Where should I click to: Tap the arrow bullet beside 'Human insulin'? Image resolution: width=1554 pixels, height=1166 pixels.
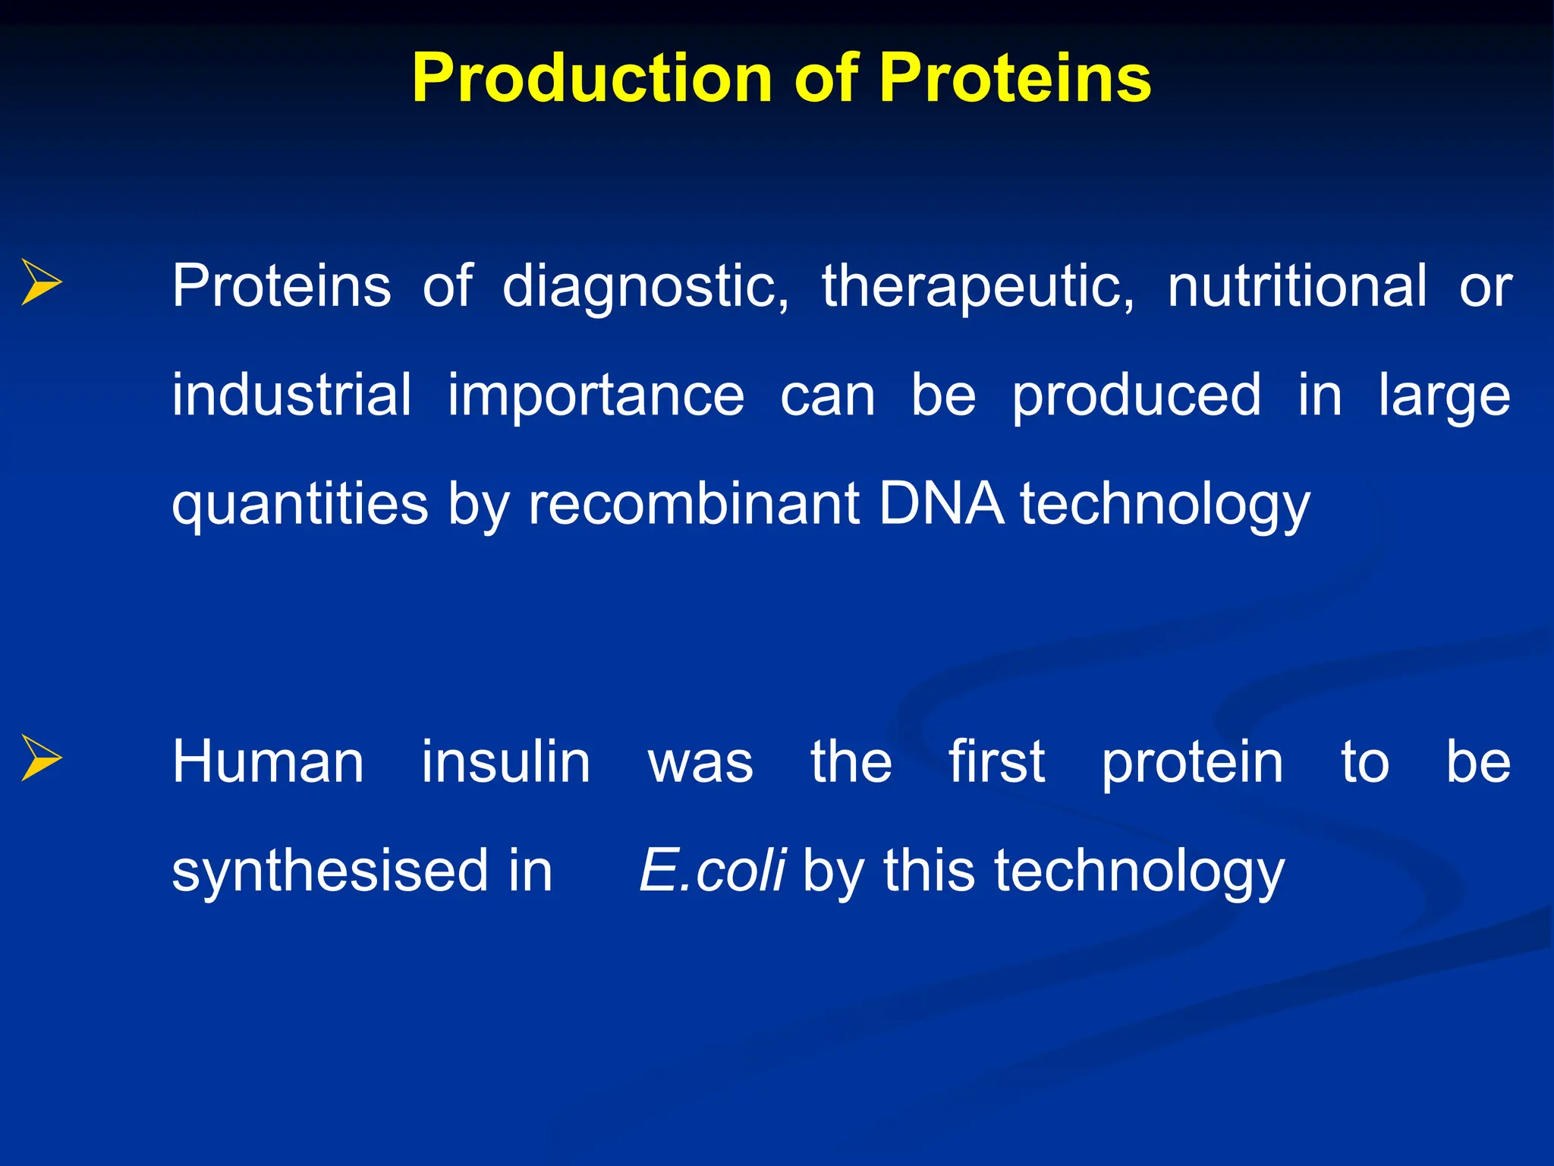41,758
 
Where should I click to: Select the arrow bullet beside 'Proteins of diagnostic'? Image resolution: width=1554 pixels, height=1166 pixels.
41,282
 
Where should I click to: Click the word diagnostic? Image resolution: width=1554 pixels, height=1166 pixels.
646,287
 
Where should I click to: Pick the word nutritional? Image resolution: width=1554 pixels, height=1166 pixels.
1297,285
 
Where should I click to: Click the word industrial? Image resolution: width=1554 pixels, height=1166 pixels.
291,395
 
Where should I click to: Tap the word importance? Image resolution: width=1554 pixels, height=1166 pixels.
596,396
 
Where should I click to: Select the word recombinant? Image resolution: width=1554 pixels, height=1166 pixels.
694,504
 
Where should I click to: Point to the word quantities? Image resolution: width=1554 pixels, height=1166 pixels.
300,506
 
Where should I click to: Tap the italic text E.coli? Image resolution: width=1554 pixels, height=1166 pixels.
712,871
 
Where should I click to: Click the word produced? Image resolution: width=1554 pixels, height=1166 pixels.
1136,396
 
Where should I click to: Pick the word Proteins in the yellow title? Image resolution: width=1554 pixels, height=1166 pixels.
1015,78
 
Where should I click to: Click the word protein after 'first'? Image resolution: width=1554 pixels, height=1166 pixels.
1192,763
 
